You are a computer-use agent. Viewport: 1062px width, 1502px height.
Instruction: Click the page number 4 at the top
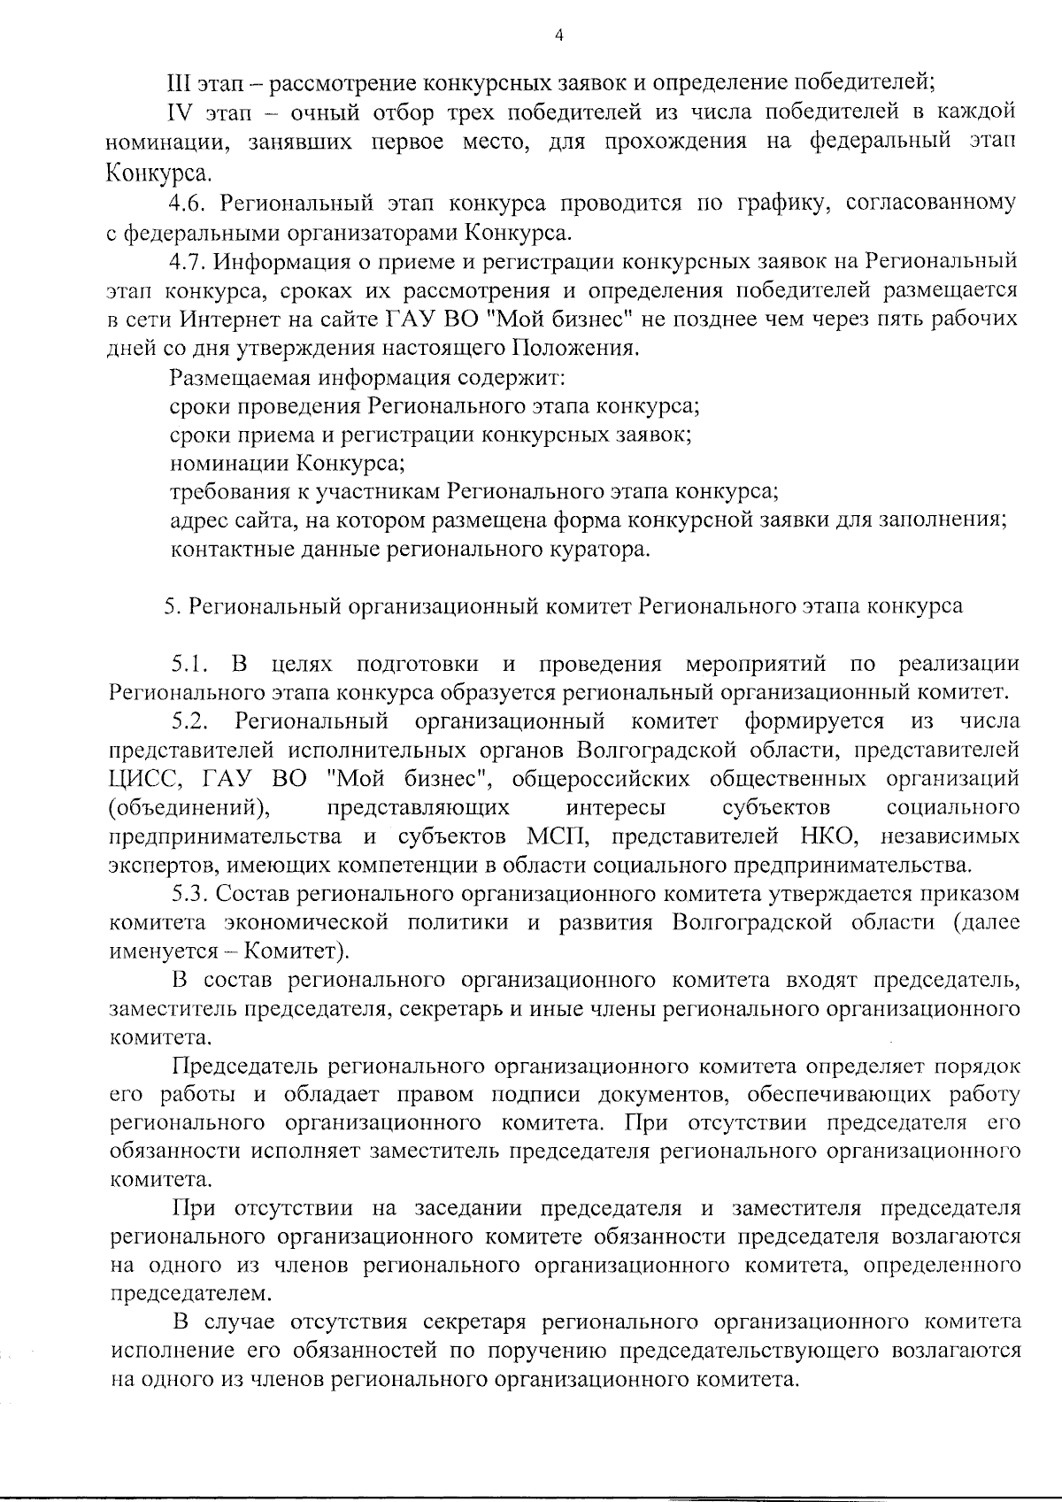click(558, 35)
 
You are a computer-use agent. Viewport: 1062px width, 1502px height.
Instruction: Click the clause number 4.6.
click(189, 204)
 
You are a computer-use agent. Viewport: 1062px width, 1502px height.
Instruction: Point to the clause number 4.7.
click(189, 262)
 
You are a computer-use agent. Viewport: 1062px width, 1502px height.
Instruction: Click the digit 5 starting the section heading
click(168, 607)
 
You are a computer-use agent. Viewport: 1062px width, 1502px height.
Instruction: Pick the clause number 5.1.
click(190, 664)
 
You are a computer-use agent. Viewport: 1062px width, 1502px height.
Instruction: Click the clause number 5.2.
click(190, 721)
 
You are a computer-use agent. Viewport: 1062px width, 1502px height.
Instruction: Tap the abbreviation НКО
click(802, 836)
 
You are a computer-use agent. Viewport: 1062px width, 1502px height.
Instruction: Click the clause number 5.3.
click(190, 894)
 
